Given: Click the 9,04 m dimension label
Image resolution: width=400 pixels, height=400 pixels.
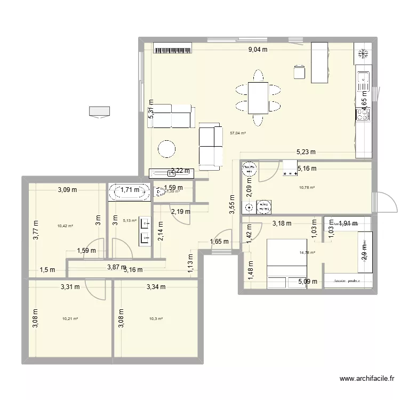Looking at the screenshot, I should [257, 50].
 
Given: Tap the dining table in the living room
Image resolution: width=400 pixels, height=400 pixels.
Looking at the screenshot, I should [258, 98].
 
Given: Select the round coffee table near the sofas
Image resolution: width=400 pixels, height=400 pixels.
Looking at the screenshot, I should [167, 149].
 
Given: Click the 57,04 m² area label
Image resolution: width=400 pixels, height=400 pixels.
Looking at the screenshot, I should [237, 133].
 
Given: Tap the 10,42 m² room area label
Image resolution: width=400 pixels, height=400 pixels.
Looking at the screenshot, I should [65, 226].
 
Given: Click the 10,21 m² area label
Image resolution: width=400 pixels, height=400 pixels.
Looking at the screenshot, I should [70, 319].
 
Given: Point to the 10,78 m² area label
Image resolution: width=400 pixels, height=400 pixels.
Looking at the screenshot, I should [307, 188].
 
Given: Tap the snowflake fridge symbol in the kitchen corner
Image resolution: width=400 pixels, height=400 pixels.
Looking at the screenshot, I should [363, 53].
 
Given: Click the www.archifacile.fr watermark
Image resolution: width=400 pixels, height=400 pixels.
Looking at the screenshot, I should [367, 379].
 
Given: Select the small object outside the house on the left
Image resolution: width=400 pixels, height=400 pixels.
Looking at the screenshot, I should [100, 111].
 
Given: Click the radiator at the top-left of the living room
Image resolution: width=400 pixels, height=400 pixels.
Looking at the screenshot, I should [172, 50].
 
